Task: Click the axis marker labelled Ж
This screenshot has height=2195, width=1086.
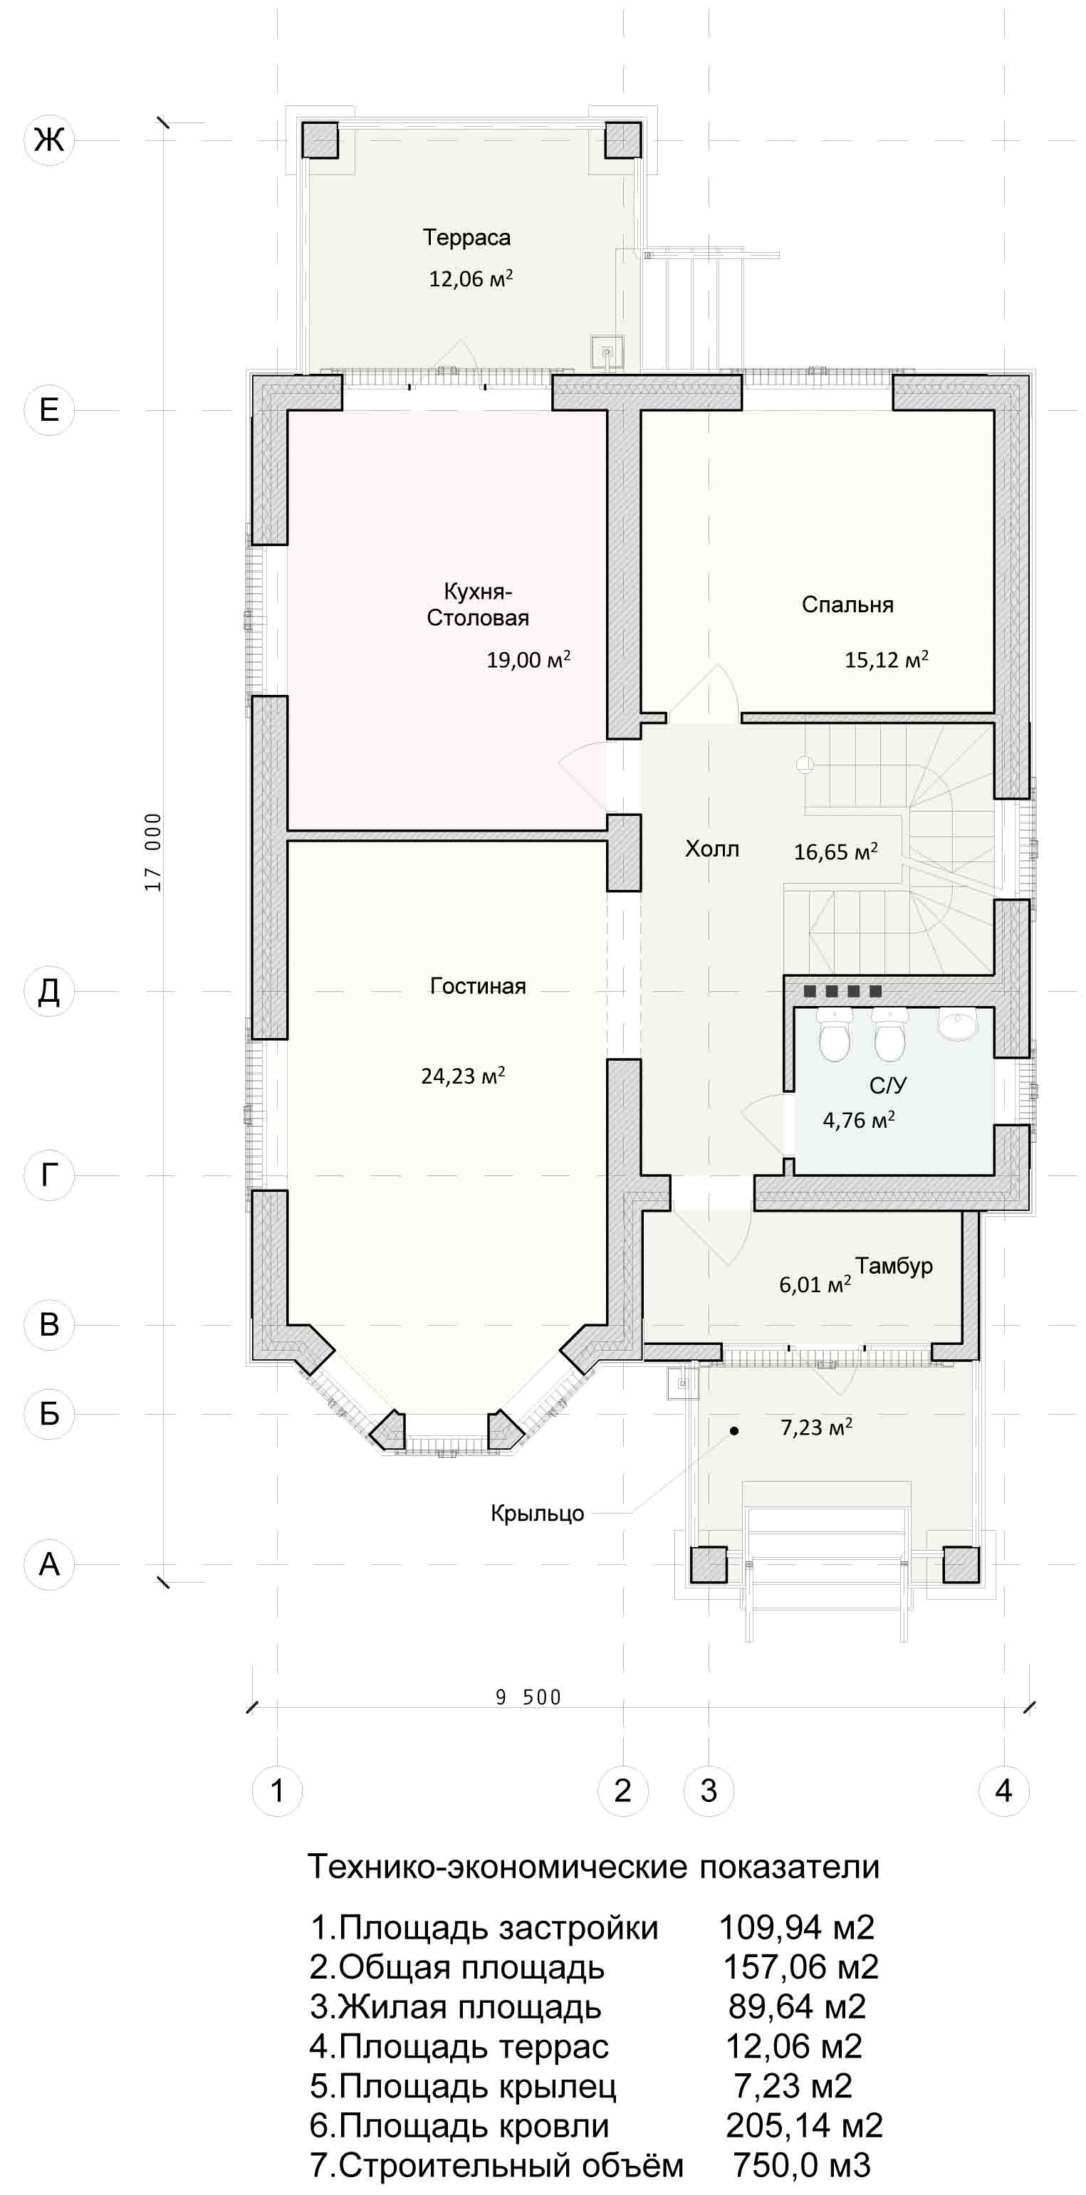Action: point(49,140)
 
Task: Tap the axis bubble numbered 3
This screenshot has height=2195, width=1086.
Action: point(709,1791)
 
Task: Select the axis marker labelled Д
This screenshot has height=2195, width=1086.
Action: point(49,992)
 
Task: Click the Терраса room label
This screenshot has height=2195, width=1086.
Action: point(467,238)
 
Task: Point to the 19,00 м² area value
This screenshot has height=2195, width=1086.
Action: point(528,659)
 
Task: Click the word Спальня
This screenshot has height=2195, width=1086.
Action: point(847,605)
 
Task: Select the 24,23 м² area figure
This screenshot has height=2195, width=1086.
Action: point(463,1075)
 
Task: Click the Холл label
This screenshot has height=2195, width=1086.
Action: point(713,849)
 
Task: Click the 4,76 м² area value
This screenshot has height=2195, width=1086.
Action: point(858,1120)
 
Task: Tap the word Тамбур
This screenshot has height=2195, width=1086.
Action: point(894,1266)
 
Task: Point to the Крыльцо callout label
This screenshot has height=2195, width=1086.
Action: point(537,1514)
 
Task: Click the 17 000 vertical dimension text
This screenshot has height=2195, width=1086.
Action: point(153,852)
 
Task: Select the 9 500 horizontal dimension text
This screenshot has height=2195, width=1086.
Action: point(528,1697)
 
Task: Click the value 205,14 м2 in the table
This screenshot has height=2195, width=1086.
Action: point(804,2125)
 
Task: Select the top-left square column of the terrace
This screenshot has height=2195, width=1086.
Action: point(320,140)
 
